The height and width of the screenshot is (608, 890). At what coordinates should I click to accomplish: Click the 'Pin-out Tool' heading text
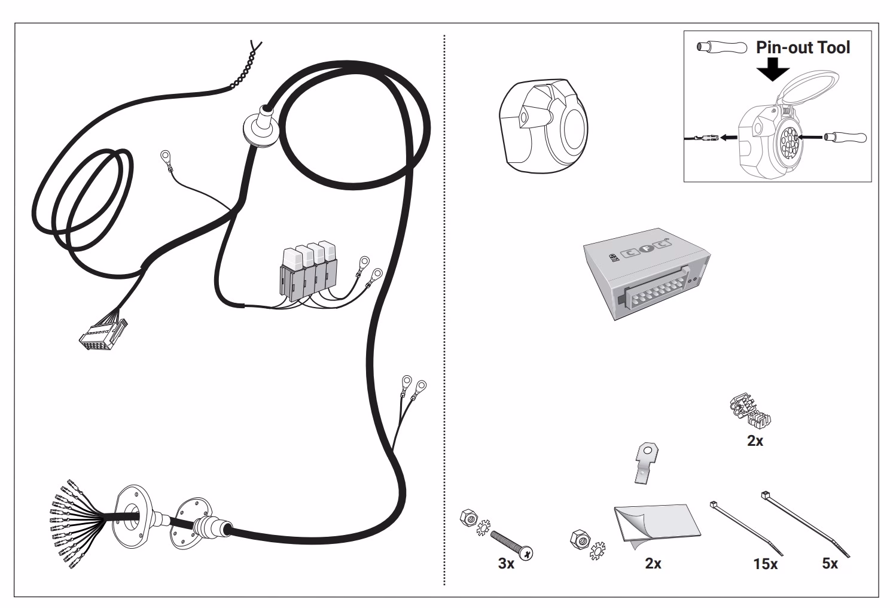802,47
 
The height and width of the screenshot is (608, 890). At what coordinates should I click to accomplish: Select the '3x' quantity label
506,564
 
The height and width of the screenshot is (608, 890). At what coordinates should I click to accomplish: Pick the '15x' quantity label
765,564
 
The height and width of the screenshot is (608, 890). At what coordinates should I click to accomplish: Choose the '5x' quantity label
830,564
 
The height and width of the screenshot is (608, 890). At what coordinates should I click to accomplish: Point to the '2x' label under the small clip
755,441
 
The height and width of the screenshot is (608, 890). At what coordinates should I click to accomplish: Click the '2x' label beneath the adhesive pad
653,564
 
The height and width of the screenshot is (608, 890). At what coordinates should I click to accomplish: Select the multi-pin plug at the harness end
103,333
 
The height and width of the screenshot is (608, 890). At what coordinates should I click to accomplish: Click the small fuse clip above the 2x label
751,411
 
